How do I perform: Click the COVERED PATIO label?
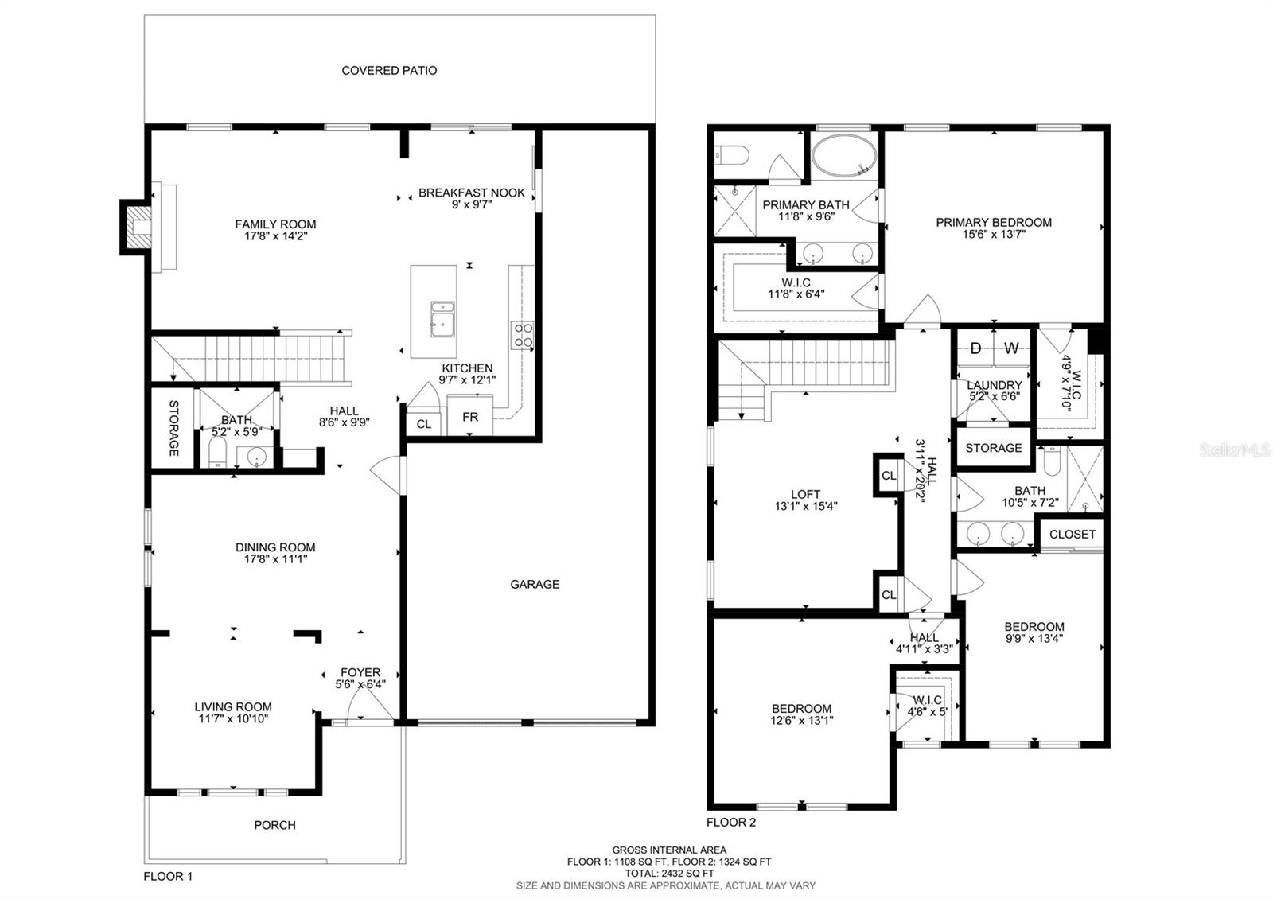click(x=389, y=70)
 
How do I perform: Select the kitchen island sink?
click(x=442, y=317)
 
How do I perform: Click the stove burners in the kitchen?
click(x=523, y=334)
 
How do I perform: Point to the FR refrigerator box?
click(x=469, y=417)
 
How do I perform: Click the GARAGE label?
click(x=535, y=584)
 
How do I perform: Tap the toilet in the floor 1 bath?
click(x=216, y=456)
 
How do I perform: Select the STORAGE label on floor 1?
click(x=173, y=428)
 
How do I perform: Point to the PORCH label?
click(x=274, y=825)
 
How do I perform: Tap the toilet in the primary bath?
click(x=730, y=156)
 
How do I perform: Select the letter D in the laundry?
click(x=975, y=348)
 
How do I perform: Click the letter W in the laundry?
click(x=1011, y=348)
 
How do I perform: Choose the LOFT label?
click(x=805, y=494)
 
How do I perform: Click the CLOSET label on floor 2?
click(x=1072, y=534)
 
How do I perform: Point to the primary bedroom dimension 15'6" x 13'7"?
click(x=994, y=234)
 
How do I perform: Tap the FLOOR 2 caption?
click(x=731, y=823)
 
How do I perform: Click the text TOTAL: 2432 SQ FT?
click(x=668, y=873)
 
